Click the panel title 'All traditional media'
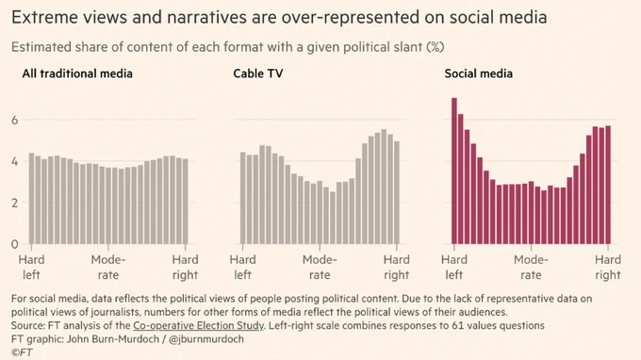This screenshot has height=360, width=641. tap(77, 74)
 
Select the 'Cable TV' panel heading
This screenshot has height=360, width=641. tap(258, 74)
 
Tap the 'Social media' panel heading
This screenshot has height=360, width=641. tap(478, 74)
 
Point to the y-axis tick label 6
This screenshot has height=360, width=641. tap(15, 120)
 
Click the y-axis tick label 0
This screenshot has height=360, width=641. tap(15, 244)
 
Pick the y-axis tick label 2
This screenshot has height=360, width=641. tap(15, 203)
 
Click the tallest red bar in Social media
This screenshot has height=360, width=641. tap(453, 171)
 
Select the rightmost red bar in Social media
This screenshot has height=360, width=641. tap(608, 185)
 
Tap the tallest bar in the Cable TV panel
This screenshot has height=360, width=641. tap(384, 187)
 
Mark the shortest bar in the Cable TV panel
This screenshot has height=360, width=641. tap(333, 218)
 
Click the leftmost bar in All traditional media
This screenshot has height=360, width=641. tap(31, 199)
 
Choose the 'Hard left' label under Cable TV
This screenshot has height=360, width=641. tap(243, 268)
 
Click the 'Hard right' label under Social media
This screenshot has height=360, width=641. tap(608, 268)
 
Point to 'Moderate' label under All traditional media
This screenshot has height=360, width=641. tap(108, 268)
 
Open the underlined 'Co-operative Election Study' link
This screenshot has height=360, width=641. tap(198, 326)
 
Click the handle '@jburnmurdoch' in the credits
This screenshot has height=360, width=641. tap(206, 339)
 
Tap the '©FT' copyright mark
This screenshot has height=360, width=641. tap(22, 352)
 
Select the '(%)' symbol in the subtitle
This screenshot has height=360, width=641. tap(435, 47)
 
